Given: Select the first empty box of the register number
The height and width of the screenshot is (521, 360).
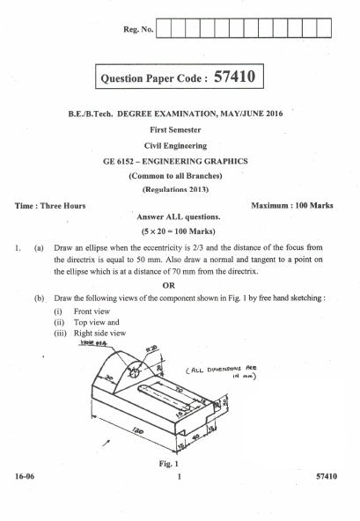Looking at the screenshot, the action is click(172, 33).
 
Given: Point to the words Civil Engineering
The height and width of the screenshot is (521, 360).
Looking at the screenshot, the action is click(178, 146).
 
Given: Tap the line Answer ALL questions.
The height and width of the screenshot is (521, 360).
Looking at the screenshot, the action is click(179, 216).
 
